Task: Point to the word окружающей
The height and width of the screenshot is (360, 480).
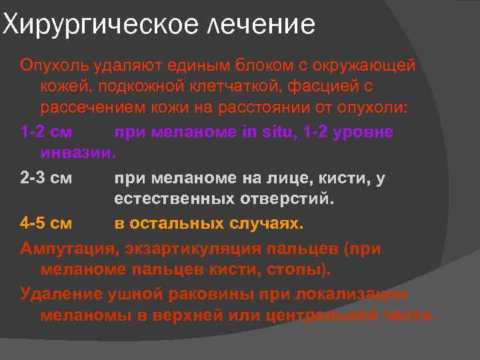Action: point(359,66)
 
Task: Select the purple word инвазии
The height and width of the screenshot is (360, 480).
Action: point(78,153)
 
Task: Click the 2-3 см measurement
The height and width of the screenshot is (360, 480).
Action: point(51,178)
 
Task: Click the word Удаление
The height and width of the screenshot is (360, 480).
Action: point(56,294)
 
